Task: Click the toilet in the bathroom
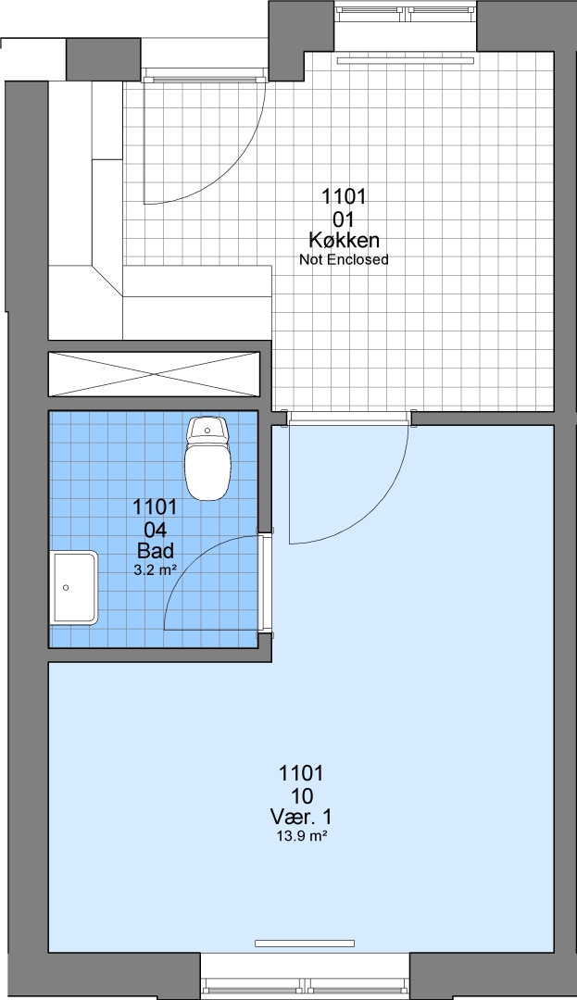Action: pyautogui.click(x=207, y=458)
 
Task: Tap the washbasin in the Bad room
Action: pyautogui.click(x=75, y=587)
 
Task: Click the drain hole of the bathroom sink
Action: pyautogui.click(x=66, y=587)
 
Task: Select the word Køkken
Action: pyautogui.click(x=344, y=241)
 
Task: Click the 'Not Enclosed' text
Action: pyautogui.click(x=344, y=259)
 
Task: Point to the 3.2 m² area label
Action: pyautogui.click(x=155, y=570)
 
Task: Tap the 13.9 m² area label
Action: pyautogui.click(x=301, y=836)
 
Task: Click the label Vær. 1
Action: pyautogui.click(x=301, y=817)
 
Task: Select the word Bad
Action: pyautogui.click(x=155, y=550)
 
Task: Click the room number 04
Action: pyautogui.click(x=155, y=529)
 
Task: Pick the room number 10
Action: pyautogui.click(x=301, y=795)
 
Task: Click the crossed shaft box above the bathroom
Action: pyautogui.click(x=155, y=374)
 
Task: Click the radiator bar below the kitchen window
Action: pyautogui.click(x=407, y=61)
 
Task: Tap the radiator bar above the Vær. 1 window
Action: pyautogui.click(x=304, y=944)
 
